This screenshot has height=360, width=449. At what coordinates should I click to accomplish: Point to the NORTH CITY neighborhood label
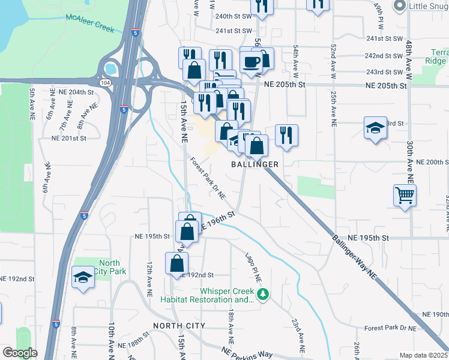pyautogui.click(x=179, y=326)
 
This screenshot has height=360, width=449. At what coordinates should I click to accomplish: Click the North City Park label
pyautogui.click(x=109, y=267)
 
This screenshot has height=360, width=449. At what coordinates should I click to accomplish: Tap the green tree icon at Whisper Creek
pyautogui.click(x=262, y=295)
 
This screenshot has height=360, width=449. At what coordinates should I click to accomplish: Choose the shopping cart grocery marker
pyautogui.click(x=405, y=194)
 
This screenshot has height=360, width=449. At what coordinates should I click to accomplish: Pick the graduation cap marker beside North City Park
pyautogui.click(x=82, y=277)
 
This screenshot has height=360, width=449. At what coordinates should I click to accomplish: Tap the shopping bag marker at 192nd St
pyautogui.click(x=177, y=263)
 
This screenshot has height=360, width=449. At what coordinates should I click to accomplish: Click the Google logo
pyautogui.click(x=20, y=353)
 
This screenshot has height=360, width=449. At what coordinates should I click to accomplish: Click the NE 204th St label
pyautogui.click(x=77, y=92)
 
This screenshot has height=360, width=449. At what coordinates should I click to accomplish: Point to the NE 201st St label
pyautogui.click(x=69, y=138)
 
